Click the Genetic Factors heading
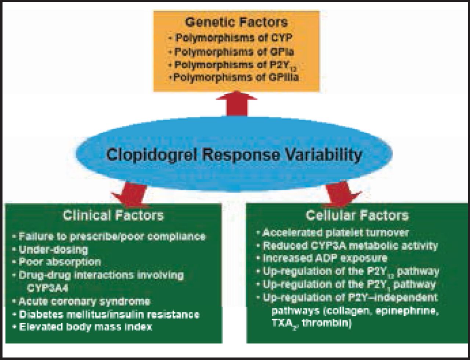236,22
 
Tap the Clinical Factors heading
113,215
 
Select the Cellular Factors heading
357,215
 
